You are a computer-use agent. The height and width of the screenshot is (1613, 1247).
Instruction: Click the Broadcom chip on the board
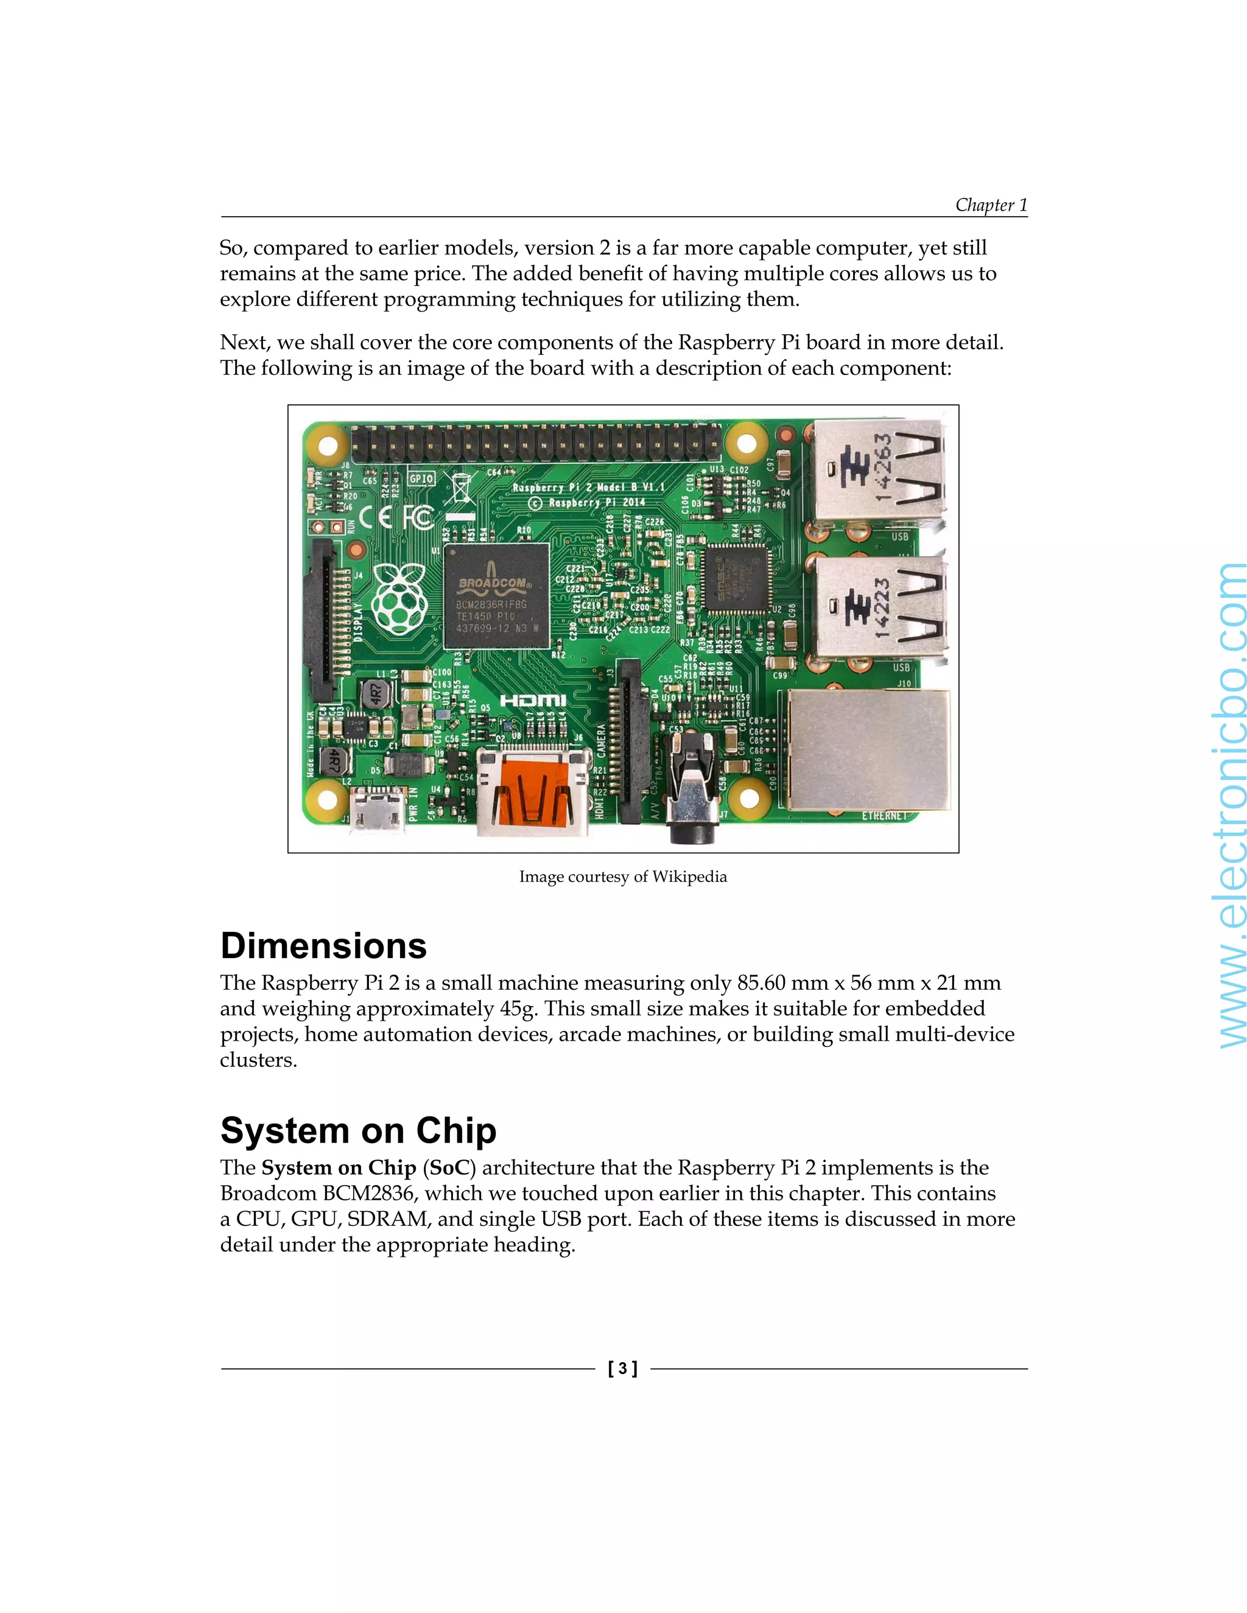[x=496, y=596]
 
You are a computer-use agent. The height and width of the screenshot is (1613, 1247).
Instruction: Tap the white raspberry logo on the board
[x=399, y=597]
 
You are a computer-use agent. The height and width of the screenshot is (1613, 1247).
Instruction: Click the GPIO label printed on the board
[x=421, y=478]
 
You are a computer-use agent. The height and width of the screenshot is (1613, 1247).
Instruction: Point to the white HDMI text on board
[x=533, y=699]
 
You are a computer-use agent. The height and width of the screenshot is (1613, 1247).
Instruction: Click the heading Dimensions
[x=323, y=946]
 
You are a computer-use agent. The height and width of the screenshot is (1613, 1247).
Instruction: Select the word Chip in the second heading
[x=456, y=1131]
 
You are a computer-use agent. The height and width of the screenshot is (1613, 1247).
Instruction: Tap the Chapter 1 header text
[x=991, y=205]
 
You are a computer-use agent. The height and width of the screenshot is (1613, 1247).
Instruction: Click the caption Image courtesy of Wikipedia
[x=623, y=876]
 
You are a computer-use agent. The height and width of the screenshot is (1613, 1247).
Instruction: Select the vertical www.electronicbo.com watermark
[x=1229, y=805]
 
